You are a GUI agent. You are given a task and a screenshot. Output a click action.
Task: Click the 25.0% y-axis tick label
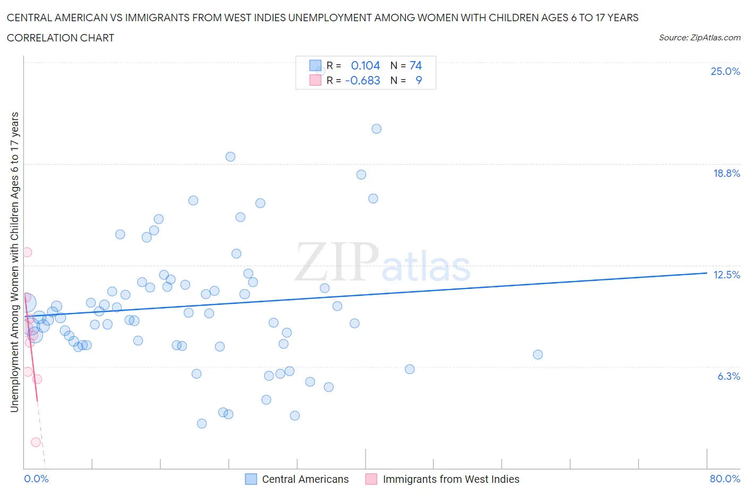click(725, 71)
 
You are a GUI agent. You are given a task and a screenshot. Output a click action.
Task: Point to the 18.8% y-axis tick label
click(726, 173)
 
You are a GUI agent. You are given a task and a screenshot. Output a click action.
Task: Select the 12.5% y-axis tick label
click(726, 275)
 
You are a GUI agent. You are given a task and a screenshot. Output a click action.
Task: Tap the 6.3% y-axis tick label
click(728, 376)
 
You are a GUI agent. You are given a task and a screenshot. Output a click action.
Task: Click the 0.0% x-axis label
click(36, 479)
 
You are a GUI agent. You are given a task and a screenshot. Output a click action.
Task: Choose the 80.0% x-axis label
click(725, 479)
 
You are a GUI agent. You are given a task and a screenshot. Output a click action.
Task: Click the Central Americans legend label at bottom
click(305, 479)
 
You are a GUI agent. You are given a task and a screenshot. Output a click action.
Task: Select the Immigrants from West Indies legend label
click(451, 479)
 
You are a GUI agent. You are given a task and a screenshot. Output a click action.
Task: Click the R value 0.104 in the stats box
click(366, 65)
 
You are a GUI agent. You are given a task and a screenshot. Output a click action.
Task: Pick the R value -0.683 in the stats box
click(362, 80)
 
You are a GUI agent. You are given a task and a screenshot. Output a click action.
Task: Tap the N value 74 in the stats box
click(415, 65)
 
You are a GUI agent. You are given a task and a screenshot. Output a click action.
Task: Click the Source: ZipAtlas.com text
click(699, 37)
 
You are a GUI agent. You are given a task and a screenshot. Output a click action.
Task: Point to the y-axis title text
click(14, 262)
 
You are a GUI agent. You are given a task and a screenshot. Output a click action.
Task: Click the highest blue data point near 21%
click(376, 129)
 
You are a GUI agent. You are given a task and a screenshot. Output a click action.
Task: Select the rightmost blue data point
click(538, 354)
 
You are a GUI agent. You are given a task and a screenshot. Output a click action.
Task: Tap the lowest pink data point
click(36, 442)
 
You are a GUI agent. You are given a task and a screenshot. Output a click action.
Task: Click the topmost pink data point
click(27, 252)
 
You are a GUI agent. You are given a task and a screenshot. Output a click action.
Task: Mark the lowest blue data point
click(201, 423)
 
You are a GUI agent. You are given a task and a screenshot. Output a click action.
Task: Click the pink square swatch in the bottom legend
click(371, 479)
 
